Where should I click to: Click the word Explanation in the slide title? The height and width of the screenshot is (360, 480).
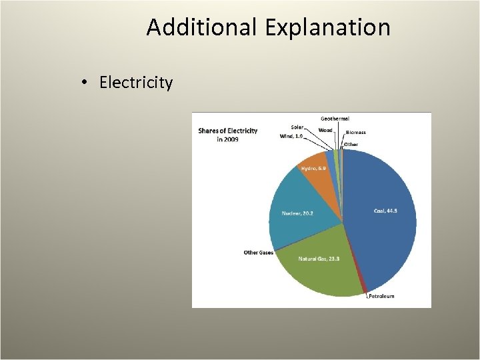point(327,28)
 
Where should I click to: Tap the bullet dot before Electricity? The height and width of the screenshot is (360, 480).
point(85,83)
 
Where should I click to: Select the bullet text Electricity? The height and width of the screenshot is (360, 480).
point(136,83)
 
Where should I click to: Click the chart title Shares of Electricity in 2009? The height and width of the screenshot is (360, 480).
point(227,135)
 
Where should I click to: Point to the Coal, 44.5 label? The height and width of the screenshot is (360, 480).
point(385,211)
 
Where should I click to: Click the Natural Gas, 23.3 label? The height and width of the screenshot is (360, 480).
point(319,259)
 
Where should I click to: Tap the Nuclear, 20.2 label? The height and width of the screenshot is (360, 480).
point(297,213)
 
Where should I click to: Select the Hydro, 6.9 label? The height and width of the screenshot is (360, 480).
point(313,168)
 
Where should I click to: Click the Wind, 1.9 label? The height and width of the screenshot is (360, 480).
point(291,136)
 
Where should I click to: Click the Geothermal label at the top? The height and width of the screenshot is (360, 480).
point(335,119)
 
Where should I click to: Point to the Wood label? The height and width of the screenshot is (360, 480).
point(325,130)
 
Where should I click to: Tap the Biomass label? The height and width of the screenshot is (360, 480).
point(355,133)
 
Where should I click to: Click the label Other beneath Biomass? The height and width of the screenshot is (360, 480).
point(351,145)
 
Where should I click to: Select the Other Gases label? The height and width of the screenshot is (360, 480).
point(258,253)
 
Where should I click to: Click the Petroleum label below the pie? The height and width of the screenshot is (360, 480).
point(381,296)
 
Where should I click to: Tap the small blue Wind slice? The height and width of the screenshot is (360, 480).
point(331,157)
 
